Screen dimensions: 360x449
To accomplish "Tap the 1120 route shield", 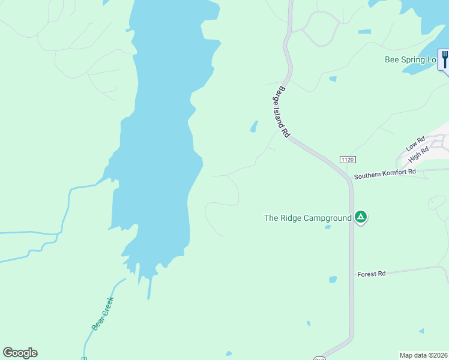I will point(348,159).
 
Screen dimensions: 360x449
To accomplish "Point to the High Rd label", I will point(418,155).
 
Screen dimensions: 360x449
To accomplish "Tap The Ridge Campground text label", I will point(308,218).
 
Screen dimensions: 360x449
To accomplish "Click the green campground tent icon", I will point(360,217).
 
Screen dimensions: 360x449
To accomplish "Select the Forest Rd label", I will point(372,274).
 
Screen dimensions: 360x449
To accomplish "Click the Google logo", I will point(20,353).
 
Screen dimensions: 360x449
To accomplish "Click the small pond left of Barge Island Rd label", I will point(254,127).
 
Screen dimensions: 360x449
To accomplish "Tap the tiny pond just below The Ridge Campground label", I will point(328,227).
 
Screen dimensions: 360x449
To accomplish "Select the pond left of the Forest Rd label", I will point(333,279).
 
